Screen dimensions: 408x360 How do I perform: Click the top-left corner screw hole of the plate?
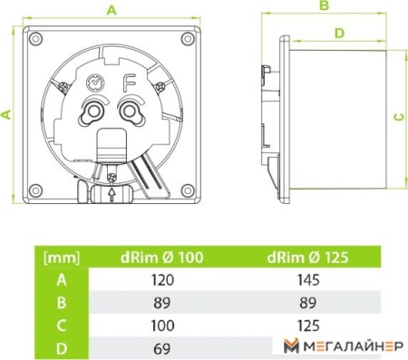(x=35, y=39)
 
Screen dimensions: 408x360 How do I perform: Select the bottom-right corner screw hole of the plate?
(x=188, y=190)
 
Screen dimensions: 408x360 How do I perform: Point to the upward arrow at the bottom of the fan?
(x=112, y=194)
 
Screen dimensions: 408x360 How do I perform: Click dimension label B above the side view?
(x=325, y=5)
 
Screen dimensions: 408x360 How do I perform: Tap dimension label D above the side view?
(x=340, y=33)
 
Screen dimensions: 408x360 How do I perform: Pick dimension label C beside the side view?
(x=400, y=116)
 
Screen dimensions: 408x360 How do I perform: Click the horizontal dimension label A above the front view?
(x=112, y=11)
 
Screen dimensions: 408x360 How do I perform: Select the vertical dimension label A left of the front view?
(x=6, y=114)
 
